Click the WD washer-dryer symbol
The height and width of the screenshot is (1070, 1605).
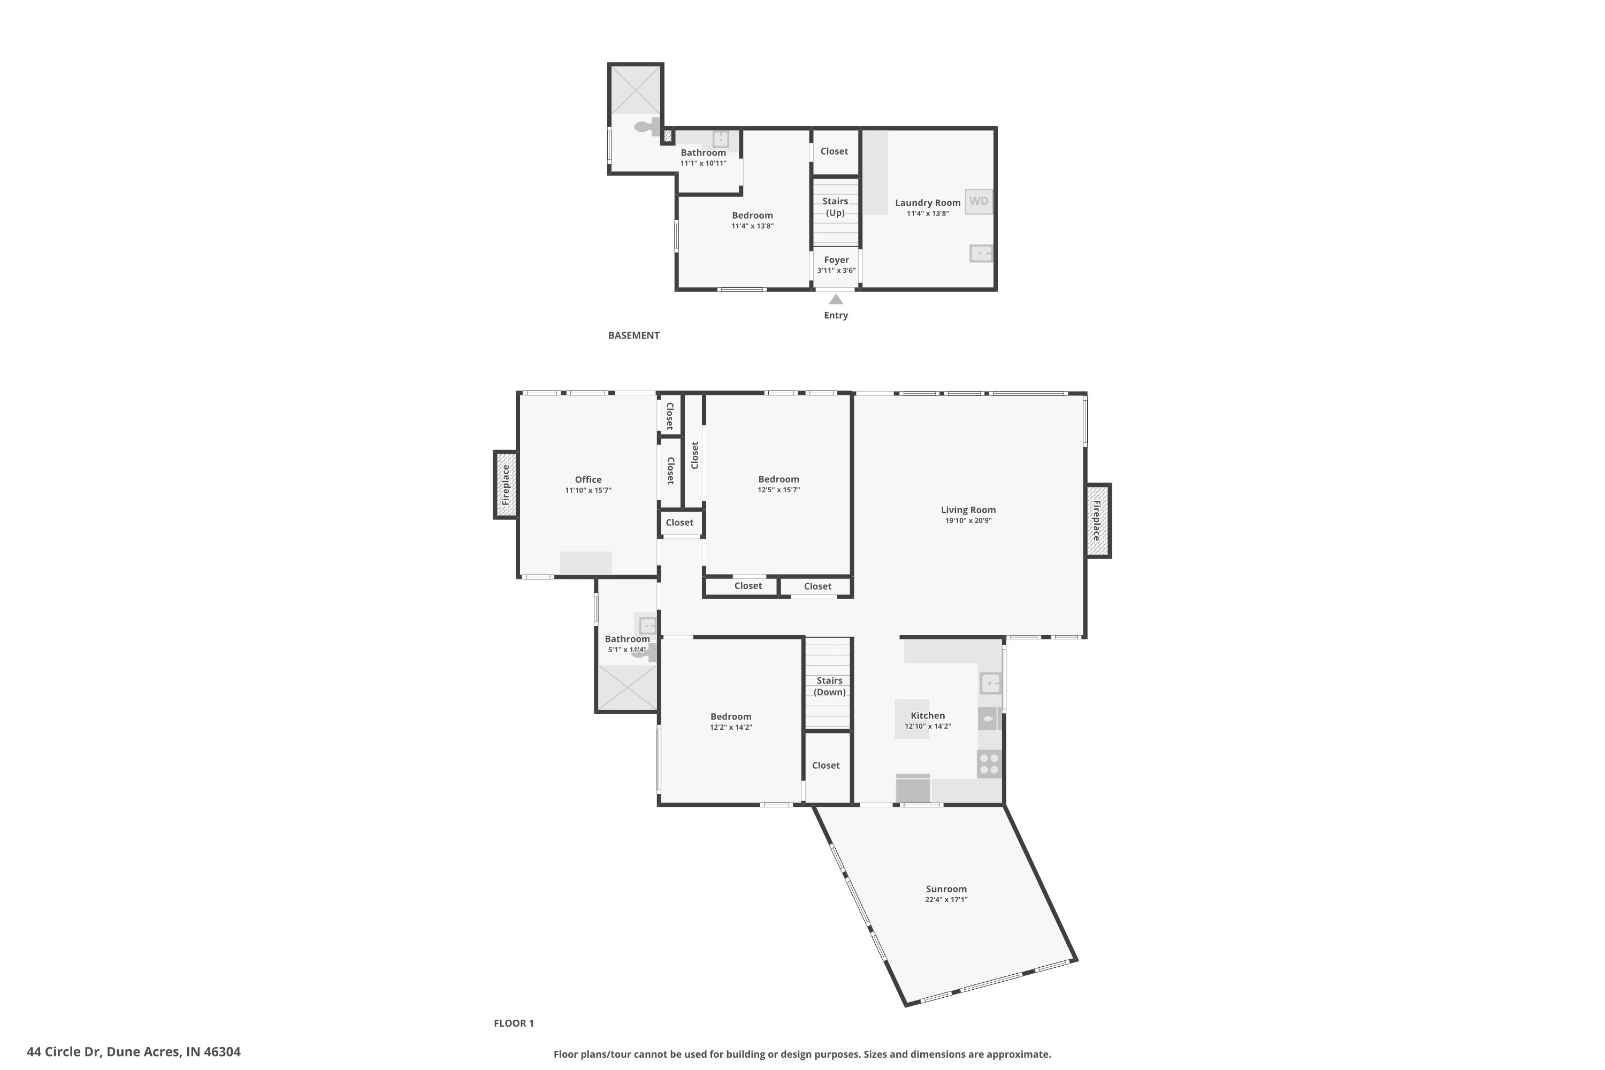(979, 201)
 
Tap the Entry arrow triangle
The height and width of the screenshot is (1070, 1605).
(836, 299)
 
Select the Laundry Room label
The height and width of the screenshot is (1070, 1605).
(927, 203)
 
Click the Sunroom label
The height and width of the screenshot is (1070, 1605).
(946, 889)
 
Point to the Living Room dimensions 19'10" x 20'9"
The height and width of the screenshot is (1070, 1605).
(968, 521)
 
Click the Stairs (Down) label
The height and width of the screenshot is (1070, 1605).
(829, 686)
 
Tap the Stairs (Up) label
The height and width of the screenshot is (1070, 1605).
(835, 207)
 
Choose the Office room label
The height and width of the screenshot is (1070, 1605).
(587, 480)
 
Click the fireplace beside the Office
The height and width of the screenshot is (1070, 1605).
(506, 485)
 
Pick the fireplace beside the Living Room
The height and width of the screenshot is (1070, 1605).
(1098, 521)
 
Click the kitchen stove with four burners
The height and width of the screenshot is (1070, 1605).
(989, 765)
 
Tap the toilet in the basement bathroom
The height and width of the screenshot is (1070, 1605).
(647, 127)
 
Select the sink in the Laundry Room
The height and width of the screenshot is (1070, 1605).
(981, 254)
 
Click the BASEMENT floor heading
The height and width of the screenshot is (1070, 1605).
(634, 335)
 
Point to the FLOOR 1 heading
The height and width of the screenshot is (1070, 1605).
(514, 1023)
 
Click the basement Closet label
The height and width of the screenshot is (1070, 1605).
(834, 151)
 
